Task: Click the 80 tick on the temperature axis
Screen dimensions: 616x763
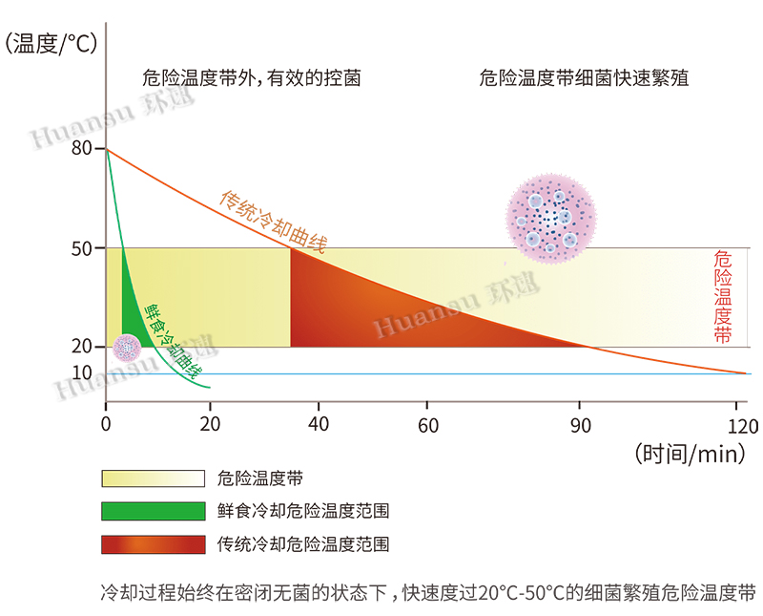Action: pos(82,149)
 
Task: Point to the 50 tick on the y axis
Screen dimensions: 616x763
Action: pos(82,248)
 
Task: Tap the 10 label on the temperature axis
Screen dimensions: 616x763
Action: pos(82,372)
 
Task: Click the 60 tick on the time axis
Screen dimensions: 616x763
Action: pos(428,425)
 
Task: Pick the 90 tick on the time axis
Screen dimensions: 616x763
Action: pos(579,425)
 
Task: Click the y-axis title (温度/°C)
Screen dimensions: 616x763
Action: pos(53,43)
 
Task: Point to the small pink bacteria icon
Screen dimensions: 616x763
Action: pos(127,349)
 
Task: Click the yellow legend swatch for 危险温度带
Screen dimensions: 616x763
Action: pos(153,478)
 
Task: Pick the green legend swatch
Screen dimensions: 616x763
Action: pos(153,511)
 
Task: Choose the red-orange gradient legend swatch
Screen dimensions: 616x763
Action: pos(153,544)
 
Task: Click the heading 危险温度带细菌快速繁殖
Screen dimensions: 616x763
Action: pos(584,78)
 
